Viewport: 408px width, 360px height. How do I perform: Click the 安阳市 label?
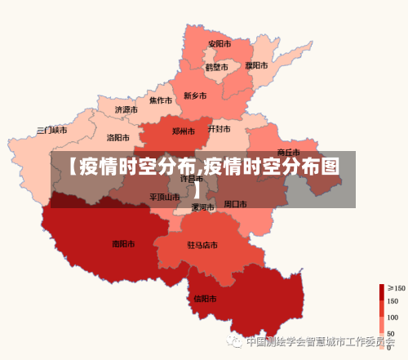point(219,43)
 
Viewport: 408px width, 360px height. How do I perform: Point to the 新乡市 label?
point(196,96)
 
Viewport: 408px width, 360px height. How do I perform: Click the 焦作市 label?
point(160,101)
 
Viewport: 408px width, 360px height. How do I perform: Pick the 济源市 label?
point(126,109)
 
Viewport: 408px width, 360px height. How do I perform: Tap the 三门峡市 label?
point(52,130)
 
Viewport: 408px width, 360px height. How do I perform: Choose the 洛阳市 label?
point(118,138)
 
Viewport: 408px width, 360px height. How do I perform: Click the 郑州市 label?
point(184,131)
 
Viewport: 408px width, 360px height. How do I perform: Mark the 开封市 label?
point(219,129)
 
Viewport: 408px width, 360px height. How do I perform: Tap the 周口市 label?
point(235,203)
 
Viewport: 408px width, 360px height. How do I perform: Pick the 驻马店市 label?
point(202,245)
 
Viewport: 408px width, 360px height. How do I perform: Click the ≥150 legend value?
point(397,288)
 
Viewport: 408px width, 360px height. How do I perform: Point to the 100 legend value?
point(393,318)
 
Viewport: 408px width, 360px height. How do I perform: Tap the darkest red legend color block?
point(381,291)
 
